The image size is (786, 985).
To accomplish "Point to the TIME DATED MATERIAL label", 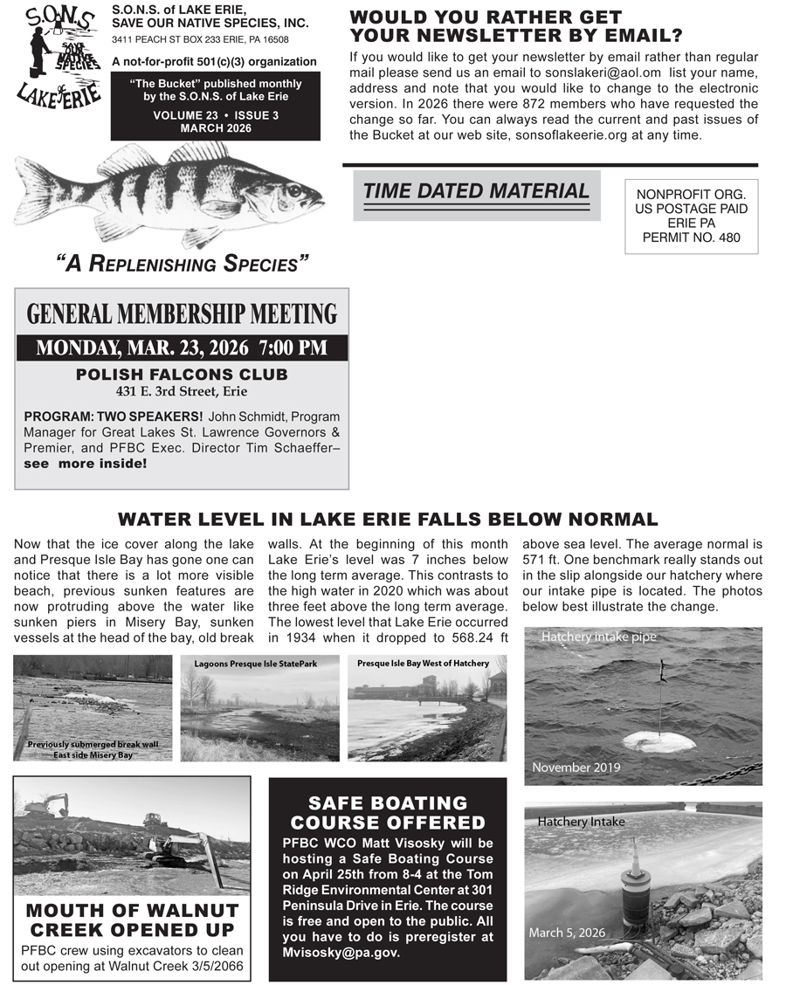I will click(x=476, y=191).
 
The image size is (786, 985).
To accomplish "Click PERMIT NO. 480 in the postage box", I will click(x=691, y=238).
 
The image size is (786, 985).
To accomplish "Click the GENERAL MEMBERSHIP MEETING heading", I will click(x=182, y=314).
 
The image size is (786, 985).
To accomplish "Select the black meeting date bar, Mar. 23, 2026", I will click(x=182, y=348).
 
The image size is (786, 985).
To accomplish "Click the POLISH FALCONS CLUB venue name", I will click(x=182, y=375).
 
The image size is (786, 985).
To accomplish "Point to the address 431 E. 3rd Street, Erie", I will click(x=182, y=391).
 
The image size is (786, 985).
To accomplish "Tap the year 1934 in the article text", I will click(x=302, y=637).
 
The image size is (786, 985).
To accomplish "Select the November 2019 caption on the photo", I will click(x=576, y=768).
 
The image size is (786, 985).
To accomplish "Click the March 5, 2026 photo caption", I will click(x=567, y=933).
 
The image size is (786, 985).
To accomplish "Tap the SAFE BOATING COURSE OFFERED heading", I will click(x=388, y=813).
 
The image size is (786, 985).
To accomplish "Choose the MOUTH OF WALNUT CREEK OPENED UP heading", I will click(x=132, y=919).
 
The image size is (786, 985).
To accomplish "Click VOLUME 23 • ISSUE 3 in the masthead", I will click(x=216, y=115).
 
